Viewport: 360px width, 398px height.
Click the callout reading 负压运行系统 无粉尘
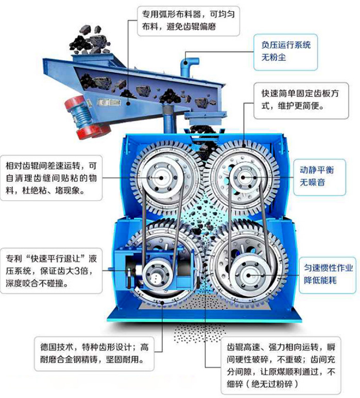click(x=285, y=52)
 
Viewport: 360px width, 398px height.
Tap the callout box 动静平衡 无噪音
click(x=320, y=177)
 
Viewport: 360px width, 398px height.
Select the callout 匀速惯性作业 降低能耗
click(x=328, y=275)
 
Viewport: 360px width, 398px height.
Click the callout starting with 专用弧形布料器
click(x=188, y=20)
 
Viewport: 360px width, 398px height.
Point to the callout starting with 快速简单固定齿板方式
click(x=301, y=100)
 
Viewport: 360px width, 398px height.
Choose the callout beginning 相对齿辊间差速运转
click(x=52, y=178)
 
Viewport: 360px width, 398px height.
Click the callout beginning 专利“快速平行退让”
click(x=52, y=271)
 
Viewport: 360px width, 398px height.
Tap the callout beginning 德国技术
click(x=94, y=354)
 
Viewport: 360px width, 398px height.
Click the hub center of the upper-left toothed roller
click(x=161, y=178)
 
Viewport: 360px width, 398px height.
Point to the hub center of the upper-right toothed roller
click(x=243, y=178)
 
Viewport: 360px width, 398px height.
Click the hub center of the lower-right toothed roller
click(x=248, y=275)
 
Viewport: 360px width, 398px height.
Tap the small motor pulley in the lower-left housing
click(x=156, y=274)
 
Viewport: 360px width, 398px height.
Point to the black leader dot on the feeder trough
click(x=129, y=103)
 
